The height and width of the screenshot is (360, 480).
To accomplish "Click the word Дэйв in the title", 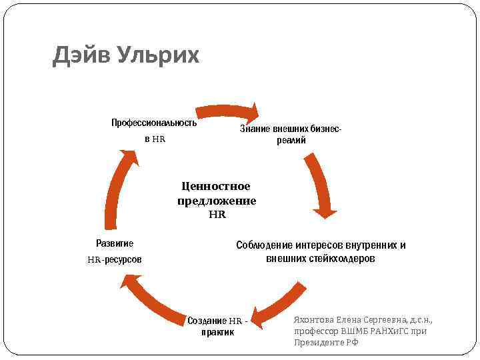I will tap(81, 56).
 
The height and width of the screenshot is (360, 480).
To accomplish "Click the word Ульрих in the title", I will tap(158, 56).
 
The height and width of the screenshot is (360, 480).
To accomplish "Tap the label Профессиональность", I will tap(154, 123).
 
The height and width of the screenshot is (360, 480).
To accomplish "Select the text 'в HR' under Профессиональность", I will tap(154, 139).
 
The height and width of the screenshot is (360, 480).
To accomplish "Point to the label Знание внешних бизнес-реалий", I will tap(291, 135).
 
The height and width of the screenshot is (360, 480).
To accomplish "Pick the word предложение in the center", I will tap(217, 201).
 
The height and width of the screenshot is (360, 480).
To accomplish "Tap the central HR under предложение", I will tap(217, 215).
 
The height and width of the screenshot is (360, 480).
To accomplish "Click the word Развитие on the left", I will tap(115, 243).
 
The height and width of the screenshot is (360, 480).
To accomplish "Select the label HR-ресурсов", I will tap(115, 259).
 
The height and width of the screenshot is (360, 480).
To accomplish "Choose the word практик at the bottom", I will tap(217, 332).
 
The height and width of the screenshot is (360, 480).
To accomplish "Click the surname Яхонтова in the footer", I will tap(315, 319).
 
